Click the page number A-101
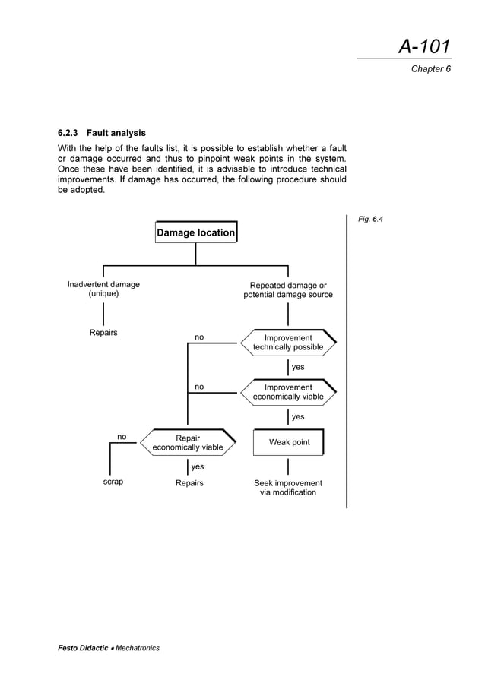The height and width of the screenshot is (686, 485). (424, 47)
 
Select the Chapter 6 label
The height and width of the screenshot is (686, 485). (431, 69)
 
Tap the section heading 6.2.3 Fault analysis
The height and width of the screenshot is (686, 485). (97, 133)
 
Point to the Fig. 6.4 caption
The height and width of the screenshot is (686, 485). (370, 220)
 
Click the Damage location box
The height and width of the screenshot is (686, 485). (195, 232)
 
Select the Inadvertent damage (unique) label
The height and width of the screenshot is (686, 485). (103, 289)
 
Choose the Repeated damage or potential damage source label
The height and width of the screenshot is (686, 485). (288, 289)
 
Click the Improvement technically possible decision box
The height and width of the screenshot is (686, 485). (288, 343)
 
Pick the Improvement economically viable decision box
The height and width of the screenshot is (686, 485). (288, 392)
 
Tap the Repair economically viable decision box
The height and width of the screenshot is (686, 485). (188, 443)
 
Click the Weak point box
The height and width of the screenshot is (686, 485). (289, 442)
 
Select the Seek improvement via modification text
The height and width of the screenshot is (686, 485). (288, 488)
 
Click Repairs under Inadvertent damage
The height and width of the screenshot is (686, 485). (103, 333)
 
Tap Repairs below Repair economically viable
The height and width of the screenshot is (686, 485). (189, 483)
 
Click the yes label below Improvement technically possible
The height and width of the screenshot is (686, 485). (298, 368)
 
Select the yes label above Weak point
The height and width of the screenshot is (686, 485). (298, 417)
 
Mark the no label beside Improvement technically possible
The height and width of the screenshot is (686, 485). (199, 337)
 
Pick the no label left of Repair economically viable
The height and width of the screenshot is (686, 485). (122, 437)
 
